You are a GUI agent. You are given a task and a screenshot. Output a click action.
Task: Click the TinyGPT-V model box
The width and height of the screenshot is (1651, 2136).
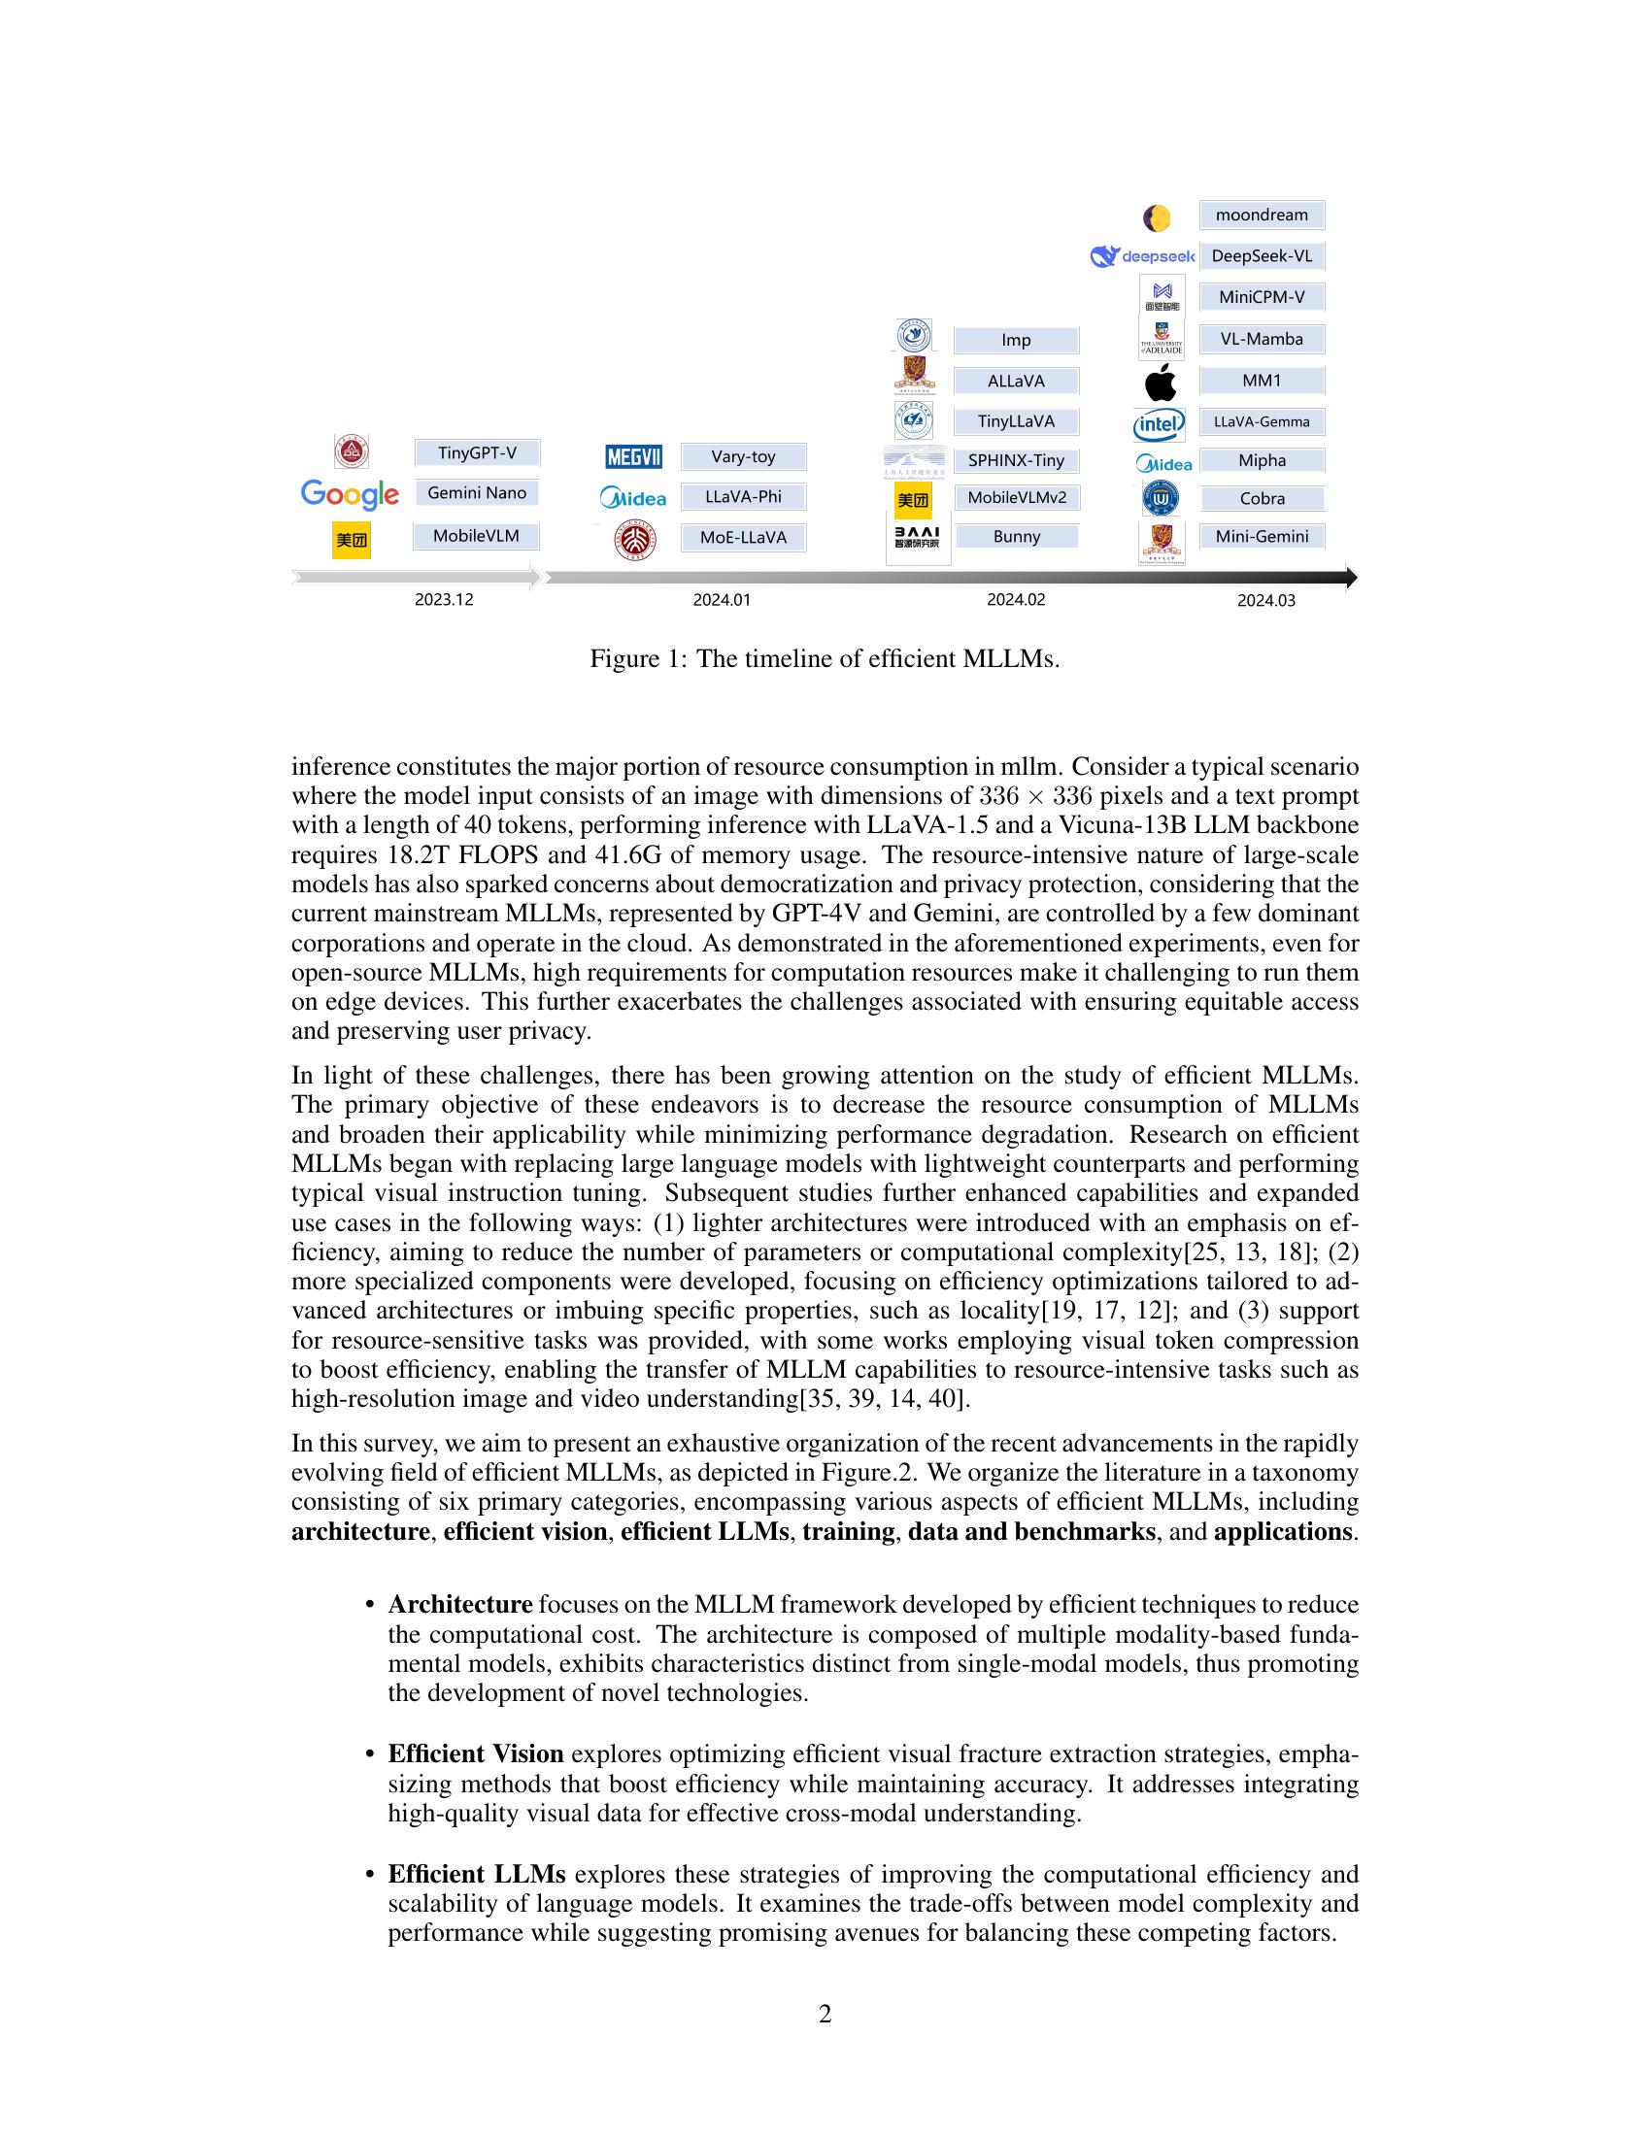pos(476,452)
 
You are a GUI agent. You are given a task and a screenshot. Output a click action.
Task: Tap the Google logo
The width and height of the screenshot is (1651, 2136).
pos(350,494)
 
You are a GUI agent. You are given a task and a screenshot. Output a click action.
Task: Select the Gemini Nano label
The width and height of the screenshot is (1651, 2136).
pos(476,493)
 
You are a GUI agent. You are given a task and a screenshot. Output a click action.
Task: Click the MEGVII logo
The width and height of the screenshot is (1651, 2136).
pos(634,456)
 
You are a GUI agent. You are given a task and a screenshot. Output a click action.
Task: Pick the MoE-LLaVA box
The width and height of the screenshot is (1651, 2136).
pos(743,537)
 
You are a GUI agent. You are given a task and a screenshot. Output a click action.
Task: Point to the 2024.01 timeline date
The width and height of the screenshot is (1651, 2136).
pos(722,599)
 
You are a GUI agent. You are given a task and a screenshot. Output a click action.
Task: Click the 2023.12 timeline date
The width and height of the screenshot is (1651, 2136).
pos(443,599)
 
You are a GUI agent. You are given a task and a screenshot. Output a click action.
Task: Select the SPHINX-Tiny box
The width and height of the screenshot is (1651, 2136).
pos(1015,459)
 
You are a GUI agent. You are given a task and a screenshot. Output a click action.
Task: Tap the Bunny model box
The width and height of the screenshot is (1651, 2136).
pos(1016,536)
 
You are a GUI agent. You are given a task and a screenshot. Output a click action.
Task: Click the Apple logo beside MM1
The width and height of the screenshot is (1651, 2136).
pos(1160,382)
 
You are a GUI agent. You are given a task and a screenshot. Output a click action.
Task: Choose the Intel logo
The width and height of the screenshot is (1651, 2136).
pos(1159,423)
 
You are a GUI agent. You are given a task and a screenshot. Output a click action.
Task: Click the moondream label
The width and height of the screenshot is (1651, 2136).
pos(1261,216)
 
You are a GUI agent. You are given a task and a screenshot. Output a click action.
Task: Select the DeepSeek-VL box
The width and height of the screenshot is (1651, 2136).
pos(1261,256)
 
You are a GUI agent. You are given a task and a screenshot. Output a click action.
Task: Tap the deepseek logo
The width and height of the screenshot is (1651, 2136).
pos(1142,256)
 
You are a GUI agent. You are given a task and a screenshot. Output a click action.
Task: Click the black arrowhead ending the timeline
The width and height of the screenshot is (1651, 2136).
pos(1351,578)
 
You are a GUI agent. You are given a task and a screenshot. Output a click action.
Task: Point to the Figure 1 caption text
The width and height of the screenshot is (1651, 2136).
pos(825,658)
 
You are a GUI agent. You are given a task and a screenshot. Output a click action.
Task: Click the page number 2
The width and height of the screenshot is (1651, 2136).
pos(825,2014)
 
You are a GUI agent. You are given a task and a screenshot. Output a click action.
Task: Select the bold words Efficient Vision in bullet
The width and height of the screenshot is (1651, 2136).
pos(475,1753)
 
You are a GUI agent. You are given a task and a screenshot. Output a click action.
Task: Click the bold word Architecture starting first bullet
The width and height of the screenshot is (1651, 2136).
pos(459,1604)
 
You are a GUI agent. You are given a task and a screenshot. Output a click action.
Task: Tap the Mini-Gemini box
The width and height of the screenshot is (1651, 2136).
pos(1261,536)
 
